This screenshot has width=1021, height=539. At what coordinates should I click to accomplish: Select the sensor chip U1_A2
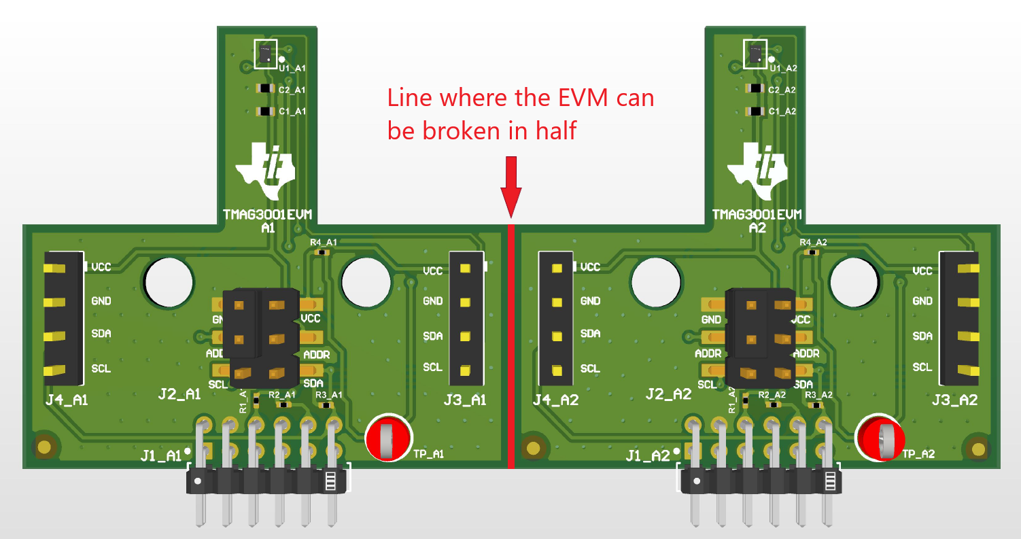pos(755,52)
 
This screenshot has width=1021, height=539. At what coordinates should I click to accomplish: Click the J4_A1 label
pos(67,400)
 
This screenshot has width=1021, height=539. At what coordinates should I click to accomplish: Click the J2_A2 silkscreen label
pos(668,394)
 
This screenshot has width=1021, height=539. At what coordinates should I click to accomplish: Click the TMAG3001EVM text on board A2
pos(757,215)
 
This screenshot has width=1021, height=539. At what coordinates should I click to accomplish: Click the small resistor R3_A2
pos(818,404)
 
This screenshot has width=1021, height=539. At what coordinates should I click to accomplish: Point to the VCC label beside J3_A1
pos(433,271)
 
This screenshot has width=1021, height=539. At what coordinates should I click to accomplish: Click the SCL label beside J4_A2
pos(590,368)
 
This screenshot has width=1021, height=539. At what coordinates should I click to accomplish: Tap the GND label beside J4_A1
pos(101,300)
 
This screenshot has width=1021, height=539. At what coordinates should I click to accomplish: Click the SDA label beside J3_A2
pos(922,336)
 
